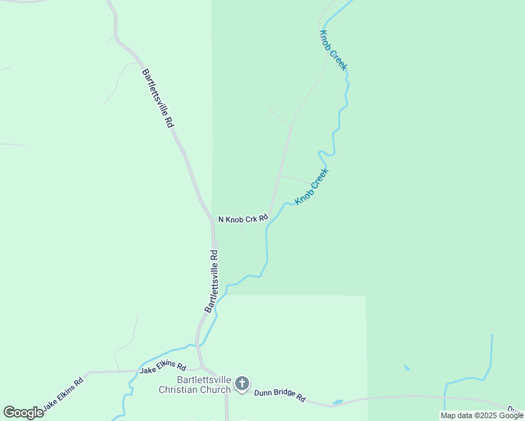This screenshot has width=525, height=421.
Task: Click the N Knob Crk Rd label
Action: [x=244, y=219]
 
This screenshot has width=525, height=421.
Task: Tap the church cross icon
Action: [x=242, y=383]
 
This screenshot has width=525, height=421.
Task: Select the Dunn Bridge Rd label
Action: [x=279, y=396]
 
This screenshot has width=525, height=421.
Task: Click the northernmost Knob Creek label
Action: [x=333, y=50]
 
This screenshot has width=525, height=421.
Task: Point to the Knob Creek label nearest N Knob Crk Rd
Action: [x=312, y=186]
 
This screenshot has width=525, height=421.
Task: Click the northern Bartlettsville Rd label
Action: [x=157, y=97]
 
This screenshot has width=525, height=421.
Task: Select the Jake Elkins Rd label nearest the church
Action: [x=162, y=368]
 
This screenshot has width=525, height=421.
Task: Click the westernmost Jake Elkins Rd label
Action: [x=62, y=394]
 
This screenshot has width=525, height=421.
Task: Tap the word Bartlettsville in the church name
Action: [x=199, y=380]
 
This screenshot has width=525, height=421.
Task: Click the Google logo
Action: [x=23, y=413]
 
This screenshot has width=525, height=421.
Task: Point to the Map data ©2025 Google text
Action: [x=482, y=415]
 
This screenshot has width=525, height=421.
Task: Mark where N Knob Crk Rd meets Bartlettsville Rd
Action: [x=212, y=220]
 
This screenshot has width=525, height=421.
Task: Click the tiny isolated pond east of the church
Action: [x=406, y=367]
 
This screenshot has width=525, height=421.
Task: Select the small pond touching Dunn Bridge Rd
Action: [x=338, y=402]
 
